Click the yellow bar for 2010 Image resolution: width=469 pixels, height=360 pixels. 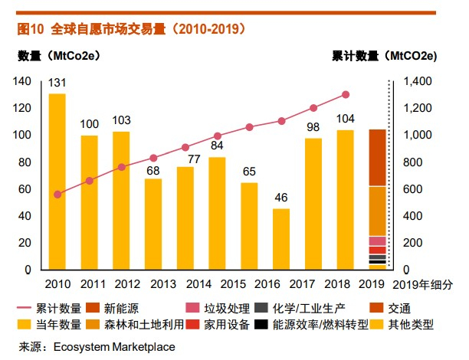[57, 182]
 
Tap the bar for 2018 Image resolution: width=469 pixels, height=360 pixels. [345, 200]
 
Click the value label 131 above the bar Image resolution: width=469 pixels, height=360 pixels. [57, 83]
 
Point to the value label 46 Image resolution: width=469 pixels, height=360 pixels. [281, 198]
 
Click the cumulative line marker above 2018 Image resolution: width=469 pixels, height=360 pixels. [346, 95]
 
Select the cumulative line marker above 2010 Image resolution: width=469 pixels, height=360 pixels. [57, 195]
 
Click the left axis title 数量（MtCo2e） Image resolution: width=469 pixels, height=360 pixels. [58, 56]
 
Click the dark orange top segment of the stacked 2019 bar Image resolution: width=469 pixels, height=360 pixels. [377, 157]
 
